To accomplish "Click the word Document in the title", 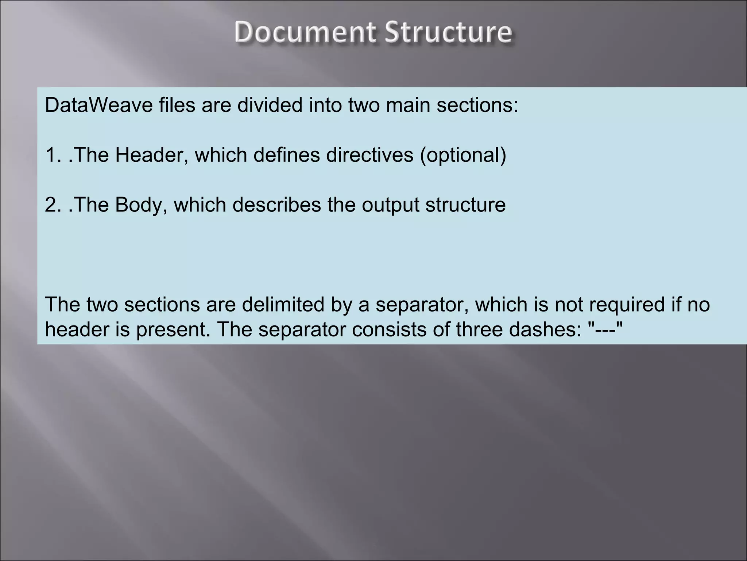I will (305, 32).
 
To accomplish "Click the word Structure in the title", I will (448, 32).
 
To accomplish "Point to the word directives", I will (369, 155).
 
